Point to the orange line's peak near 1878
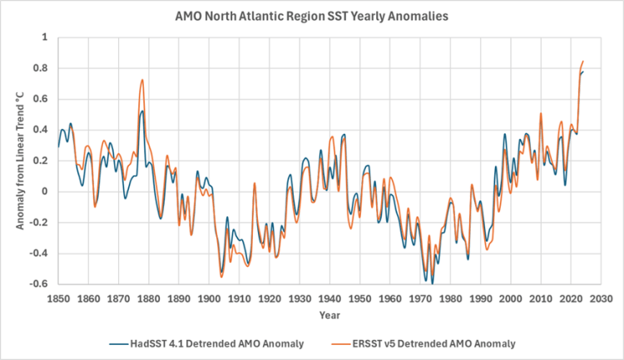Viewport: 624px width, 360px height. click(142, 80)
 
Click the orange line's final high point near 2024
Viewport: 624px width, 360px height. click(583, 62)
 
